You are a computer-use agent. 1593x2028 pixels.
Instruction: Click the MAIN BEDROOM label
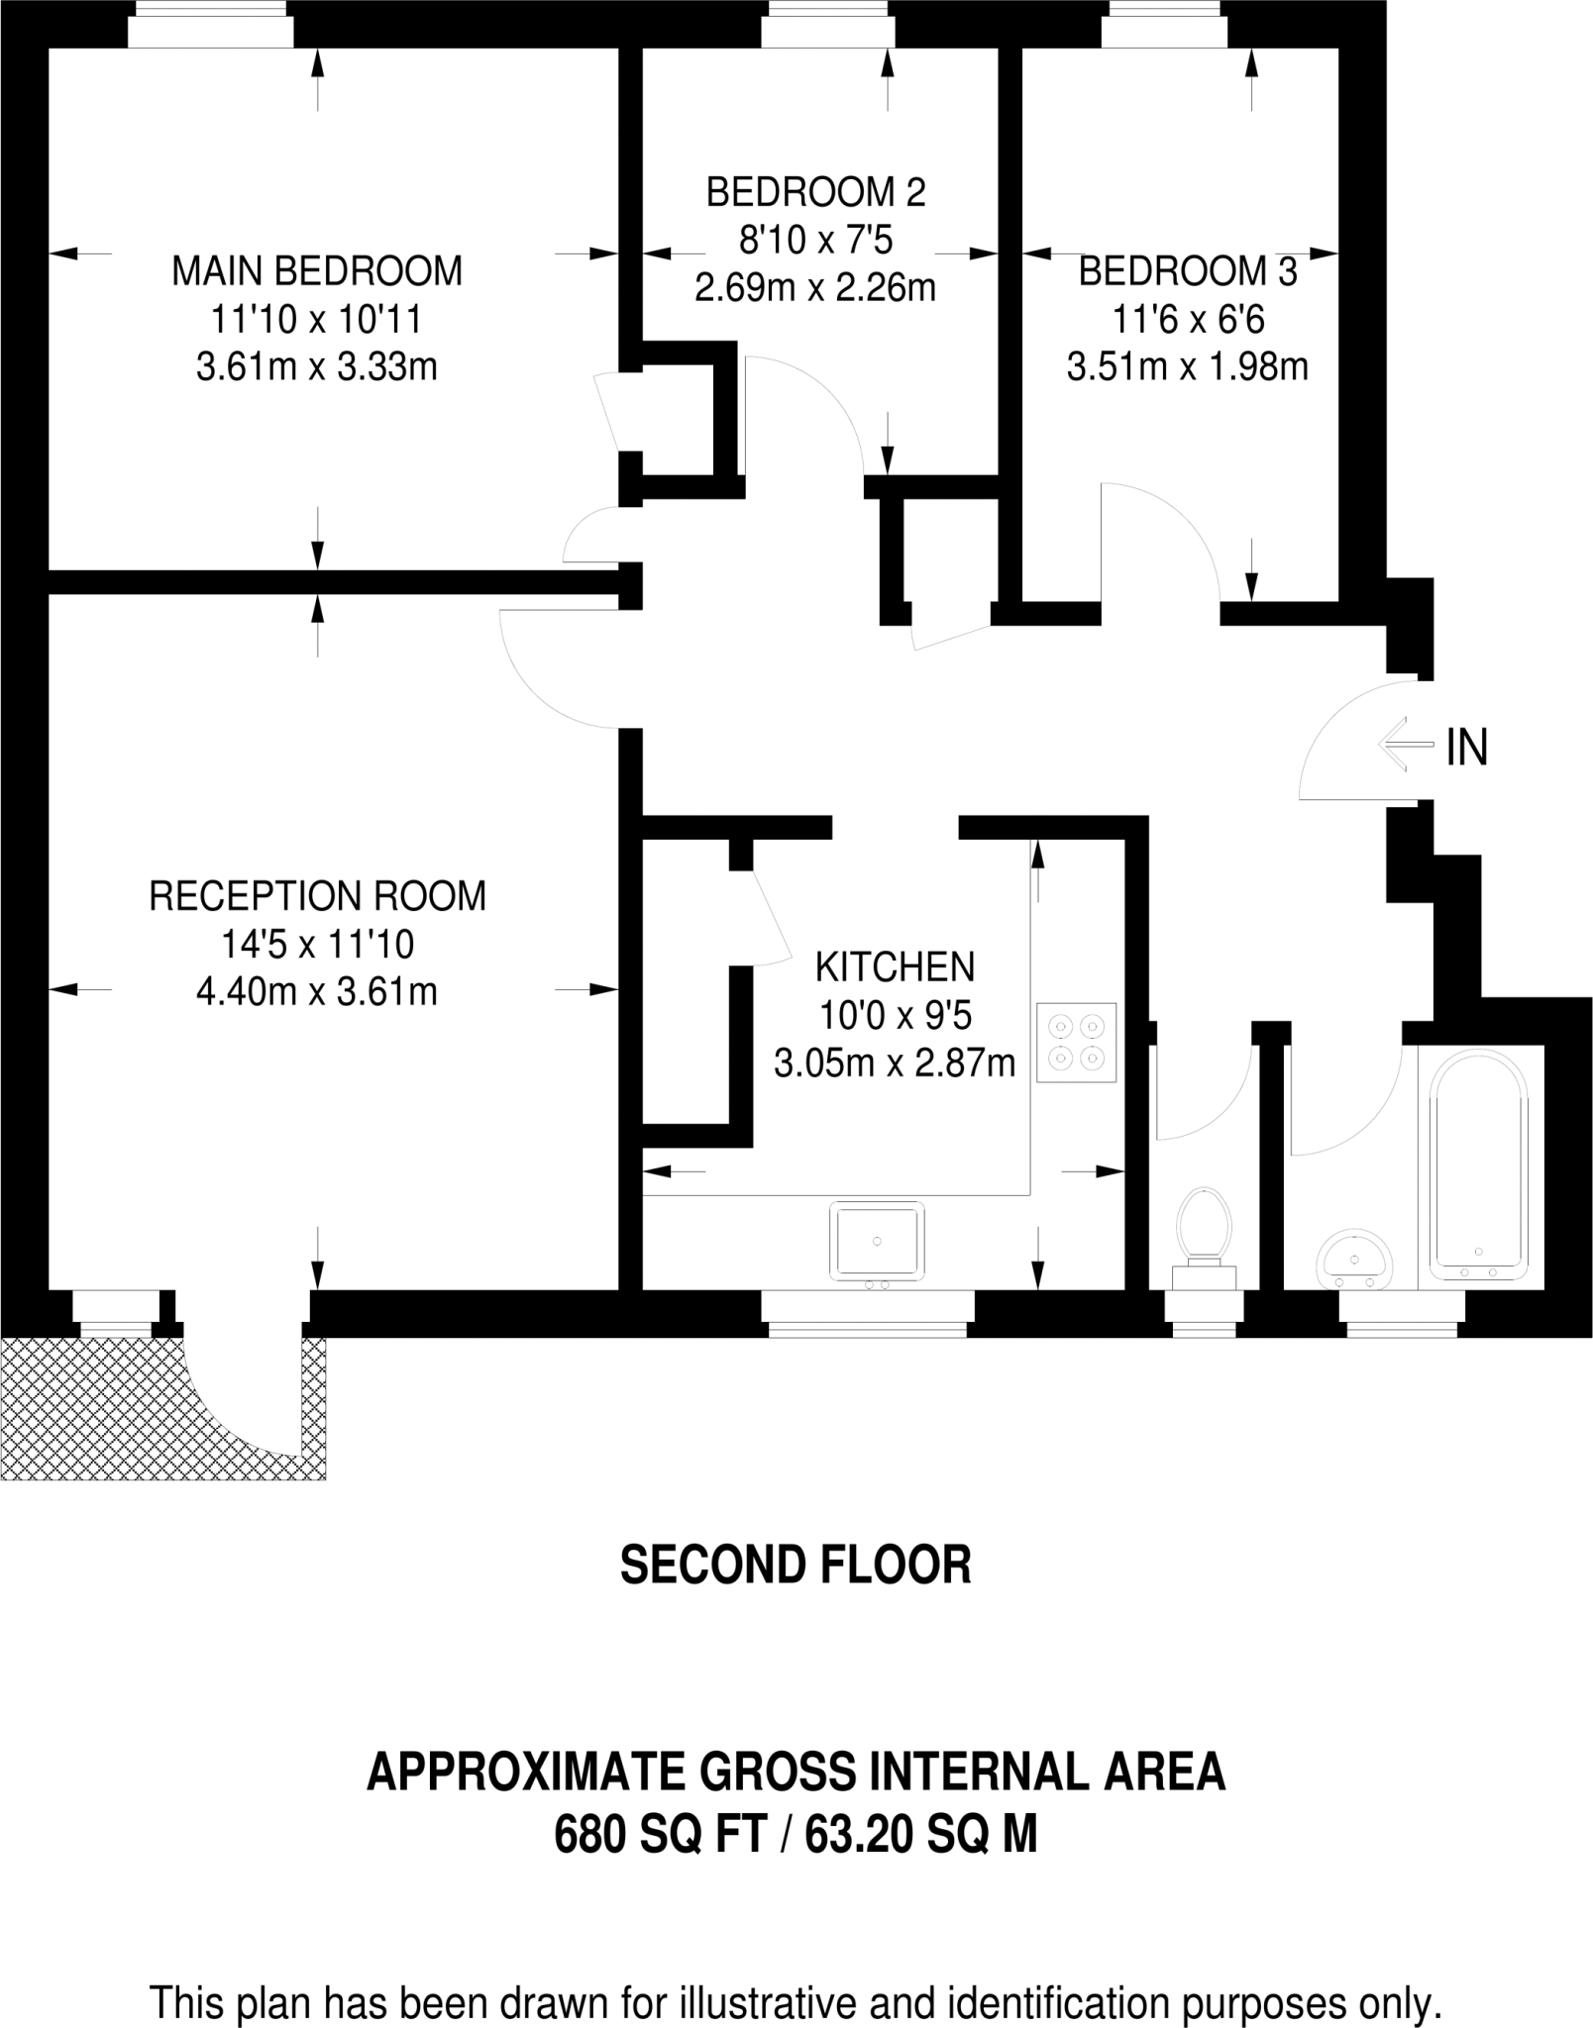(x=317, y=271)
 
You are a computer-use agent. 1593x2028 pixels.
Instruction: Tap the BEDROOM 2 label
(x=815, y=192)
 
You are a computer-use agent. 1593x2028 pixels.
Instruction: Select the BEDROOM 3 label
(x=1187, y=271)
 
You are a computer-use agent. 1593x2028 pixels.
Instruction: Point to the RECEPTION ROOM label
(x=317, y=896)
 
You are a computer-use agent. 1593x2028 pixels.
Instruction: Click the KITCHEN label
(x=895, y=966)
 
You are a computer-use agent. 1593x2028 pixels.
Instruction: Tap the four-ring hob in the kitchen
(x=1077, y=1043)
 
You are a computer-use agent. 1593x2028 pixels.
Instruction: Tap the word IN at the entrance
(x=1467, y=748)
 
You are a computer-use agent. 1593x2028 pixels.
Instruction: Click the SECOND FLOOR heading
(x=796, y=1565)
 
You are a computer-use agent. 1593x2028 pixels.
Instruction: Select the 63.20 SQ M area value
(x=921, y=1835)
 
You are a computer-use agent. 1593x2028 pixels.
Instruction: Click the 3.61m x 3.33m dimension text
(x=317, y=368)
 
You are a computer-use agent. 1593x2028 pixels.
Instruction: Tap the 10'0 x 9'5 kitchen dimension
(x=895, y=1015)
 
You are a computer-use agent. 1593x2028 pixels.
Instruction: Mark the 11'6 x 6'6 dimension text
(x=1188, y=320)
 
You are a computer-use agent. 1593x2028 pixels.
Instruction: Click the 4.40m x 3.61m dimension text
(x=317, y=992)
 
